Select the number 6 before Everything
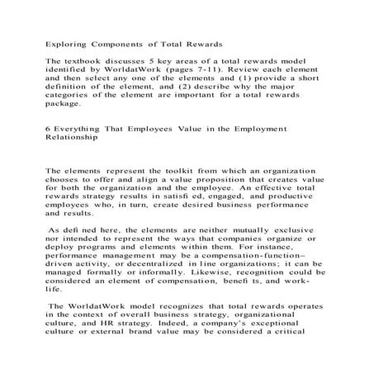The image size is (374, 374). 49,130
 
